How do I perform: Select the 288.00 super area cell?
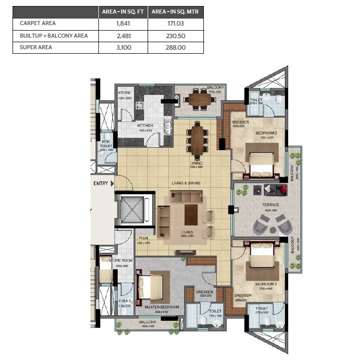pos(175,48)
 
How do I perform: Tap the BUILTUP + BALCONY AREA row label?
pos(54,36)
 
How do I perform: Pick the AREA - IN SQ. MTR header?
pos(175,11)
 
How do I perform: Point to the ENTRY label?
pos(101,184)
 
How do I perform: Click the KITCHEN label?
pos(145,126)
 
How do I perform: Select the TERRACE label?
pos(270,205)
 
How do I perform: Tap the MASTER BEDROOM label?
pos(161,307)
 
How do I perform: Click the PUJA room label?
pos(143,239)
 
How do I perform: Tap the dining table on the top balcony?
pos(200,99)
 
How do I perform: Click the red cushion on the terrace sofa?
pos(284,189)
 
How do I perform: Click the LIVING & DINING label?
pos(185,183)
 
